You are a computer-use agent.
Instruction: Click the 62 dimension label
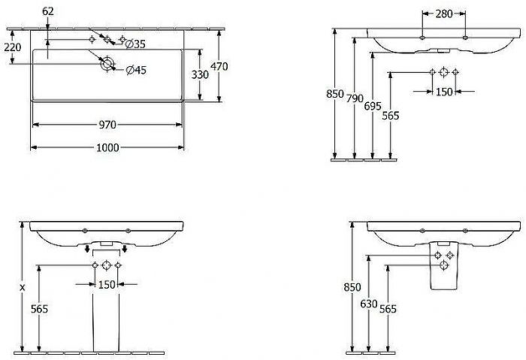coord(48,11)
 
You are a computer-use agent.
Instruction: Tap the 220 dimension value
coord(13,47)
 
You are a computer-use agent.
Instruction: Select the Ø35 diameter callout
coord(135,44)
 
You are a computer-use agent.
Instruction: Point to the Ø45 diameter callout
coord(136,70)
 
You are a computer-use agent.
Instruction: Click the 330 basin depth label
coord(200,74)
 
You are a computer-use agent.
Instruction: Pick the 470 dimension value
coord(219,66)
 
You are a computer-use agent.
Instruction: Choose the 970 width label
coord(107,125)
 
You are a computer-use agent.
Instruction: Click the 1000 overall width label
coord(107,147)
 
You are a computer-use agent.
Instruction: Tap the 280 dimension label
coord(444,14)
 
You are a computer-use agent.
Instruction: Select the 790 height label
coord(355,98)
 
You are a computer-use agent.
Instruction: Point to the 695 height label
coord(373,107)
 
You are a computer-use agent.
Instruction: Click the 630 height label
coord(369,304)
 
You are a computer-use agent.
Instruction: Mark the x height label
coord(23,288)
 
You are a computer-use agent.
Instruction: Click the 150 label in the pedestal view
coord(107,285)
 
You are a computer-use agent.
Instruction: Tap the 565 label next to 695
coord(391,116)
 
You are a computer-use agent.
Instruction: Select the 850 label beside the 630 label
coord(352,287)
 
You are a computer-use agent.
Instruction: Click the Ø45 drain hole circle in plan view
coord(107,63)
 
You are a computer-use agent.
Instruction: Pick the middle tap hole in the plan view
coord(107,40)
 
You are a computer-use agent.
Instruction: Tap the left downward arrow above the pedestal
coord(87,249)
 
